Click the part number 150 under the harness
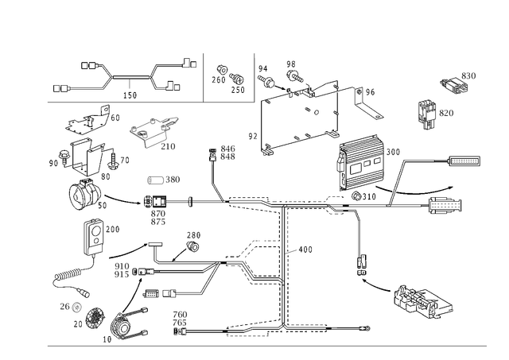[x=130, y=95]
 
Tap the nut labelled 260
[x=222, y=70]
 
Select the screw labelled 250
[x=237, y=78]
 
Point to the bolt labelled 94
[x=266, y=81]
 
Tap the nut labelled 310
[x=356, y=195]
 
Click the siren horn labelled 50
[x=85, y=194]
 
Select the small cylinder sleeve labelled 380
[x=156, y=180]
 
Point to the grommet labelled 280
[x=192, y=246]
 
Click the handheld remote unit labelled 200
[x=94, y=238]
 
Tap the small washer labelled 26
[x=76, y=306]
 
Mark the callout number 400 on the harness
[x=305, y=250]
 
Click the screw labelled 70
[x=114, y=161]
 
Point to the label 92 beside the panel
[x=253, y=136]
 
